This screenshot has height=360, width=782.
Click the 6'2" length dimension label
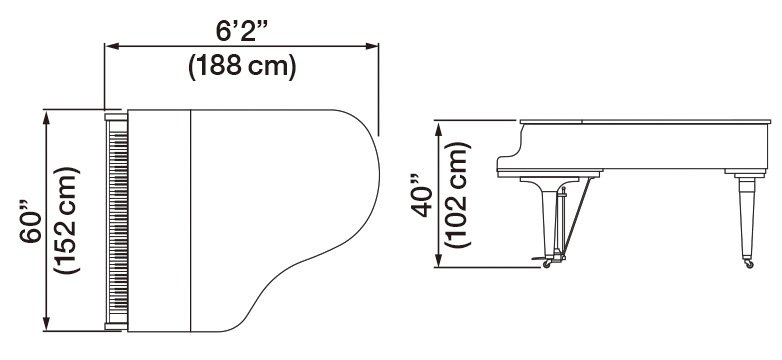coord(242,30)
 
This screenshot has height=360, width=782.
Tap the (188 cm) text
coord(242,66)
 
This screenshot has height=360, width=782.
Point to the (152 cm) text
coord(66,220)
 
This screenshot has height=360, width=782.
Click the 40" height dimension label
coord(421,195)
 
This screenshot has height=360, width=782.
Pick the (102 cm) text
coord(457,194)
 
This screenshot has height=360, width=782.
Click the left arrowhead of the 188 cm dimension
coord(112,46)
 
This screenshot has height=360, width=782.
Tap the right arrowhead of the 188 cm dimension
coord(372,46)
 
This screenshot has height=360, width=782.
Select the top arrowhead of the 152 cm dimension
coord(46,118)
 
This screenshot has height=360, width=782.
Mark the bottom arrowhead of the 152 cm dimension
coord(46,324)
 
